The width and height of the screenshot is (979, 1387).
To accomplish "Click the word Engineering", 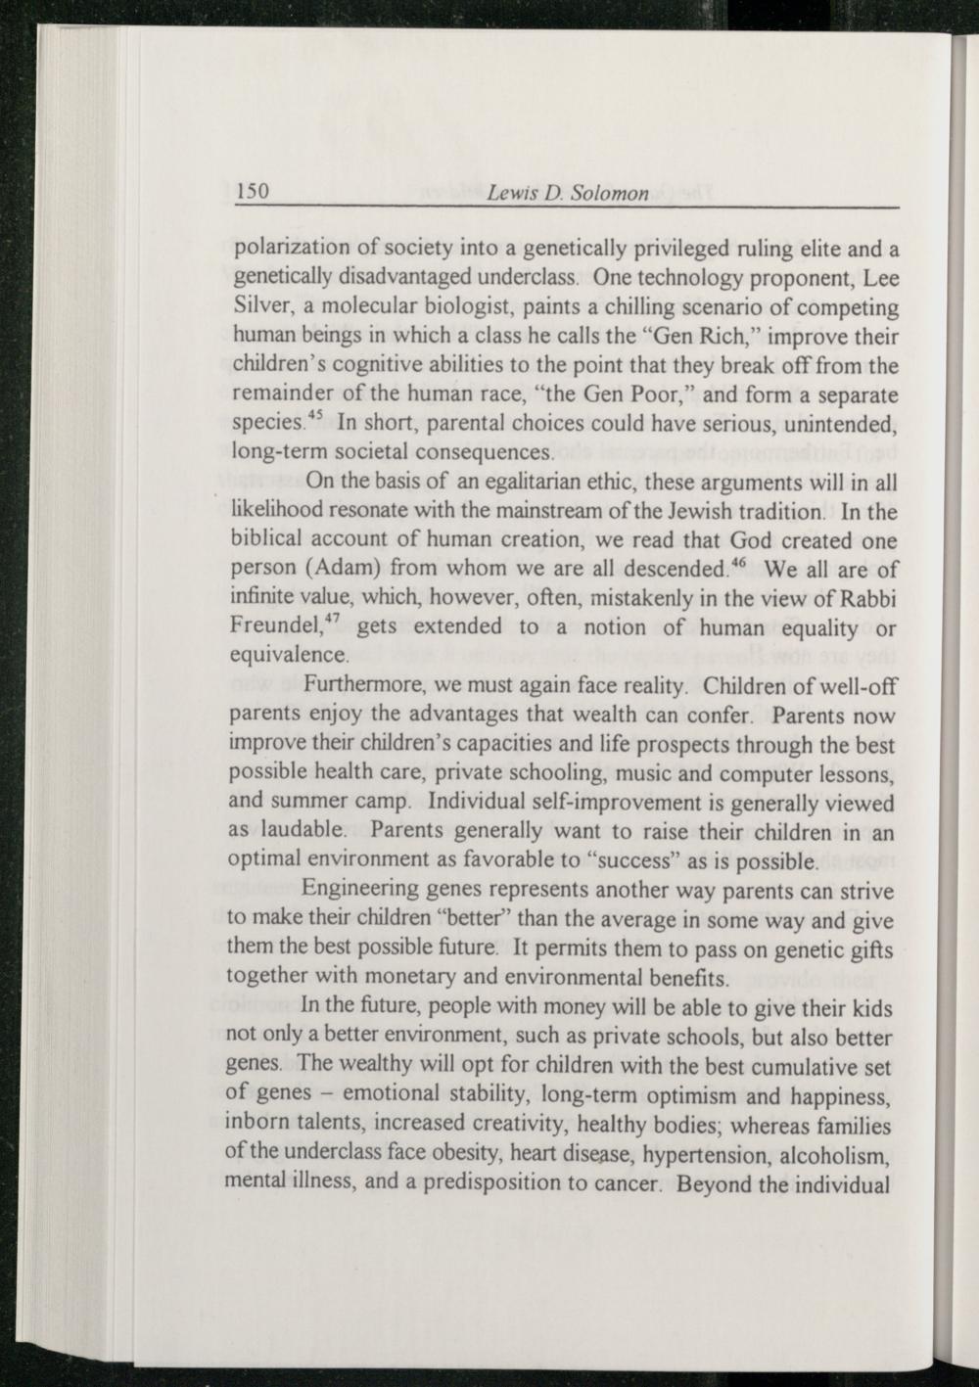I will pyautogui.click(x=358, y=891).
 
